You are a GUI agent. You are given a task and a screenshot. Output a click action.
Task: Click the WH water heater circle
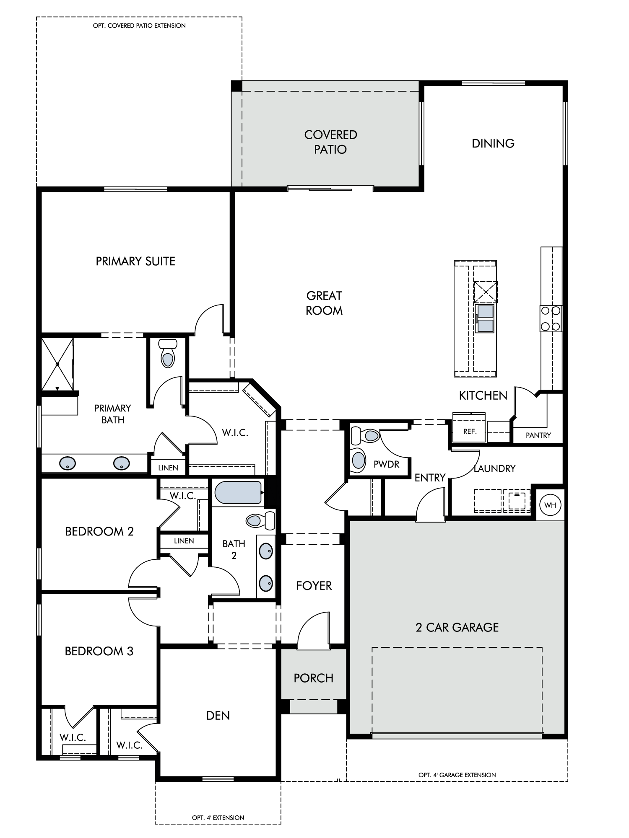pyautogui.click(x=550, y=505)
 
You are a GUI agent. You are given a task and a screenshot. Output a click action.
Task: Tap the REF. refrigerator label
pyautogui.click(x=470, y=431)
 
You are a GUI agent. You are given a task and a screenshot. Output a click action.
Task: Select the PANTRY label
pyautogui.click(x=538, y=435)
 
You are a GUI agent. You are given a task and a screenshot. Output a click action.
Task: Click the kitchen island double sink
pyautogui.click(x=486, y=318)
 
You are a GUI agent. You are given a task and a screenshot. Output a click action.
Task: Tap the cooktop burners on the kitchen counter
pyautogui.click(x=551, y=318)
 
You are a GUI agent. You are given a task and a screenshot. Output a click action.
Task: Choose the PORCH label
pyautogui.click(x=313, y=678)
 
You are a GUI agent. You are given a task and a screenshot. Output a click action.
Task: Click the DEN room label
pyautogui.click(x=218, y=715)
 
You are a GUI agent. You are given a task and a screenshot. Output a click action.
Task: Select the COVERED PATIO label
pyautogui.click(x=330, y=142)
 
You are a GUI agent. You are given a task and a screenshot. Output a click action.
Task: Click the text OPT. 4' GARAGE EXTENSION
pyautogui.click(x=457, y=775)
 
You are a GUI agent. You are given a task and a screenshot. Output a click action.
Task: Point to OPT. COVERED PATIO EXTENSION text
pyautogui.click(x=139, y=26)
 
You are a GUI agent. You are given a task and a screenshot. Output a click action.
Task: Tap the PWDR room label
pyautogui.click(x=386, y=464)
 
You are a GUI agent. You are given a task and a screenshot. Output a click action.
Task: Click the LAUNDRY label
pyautogui.click(x=494, y=468)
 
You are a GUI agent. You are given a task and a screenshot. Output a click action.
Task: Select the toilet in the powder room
pyautogui.click(x=365, y=435)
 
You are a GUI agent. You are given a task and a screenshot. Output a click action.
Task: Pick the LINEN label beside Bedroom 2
pyautogui.click(x=184, y=541)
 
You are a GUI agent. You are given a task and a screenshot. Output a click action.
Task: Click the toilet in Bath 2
pyautogui.click(x=260, y=521)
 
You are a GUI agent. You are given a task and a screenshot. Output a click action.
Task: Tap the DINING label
pyautogui.click(x=493, y=143)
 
